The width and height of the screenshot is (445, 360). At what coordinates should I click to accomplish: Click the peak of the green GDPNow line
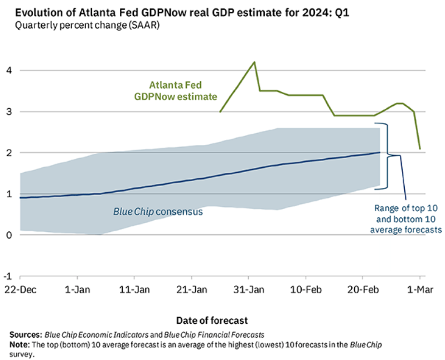[x=254, y=62]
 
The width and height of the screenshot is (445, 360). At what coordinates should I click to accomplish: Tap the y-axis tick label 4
[x=9, y=70]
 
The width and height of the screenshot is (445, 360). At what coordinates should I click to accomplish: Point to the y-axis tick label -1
[x=8, y=276]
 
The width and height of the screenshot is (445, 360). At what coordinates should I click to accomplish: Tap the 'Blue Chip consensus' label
[x=157, y=212]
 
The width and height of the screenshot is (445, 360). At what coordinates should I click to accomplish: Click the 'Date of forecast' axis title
[x=211, y=320]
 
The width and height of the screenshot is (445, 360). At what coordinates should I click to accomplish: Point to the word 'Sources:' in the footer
[x=26, y=334]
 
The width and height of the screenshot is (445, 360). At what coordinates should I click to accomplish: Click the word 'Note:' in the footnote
[x=21, y=344]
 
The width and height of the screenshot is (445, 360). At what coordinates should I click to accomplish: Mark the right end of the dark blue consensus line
[x=380, y=152]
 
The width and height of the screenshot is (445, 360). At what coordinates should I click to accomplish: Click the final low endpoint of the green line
[x=419, y=149]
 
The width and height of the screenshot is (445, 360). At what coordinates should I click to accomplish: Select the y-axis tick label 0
[x=9, y=235]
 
